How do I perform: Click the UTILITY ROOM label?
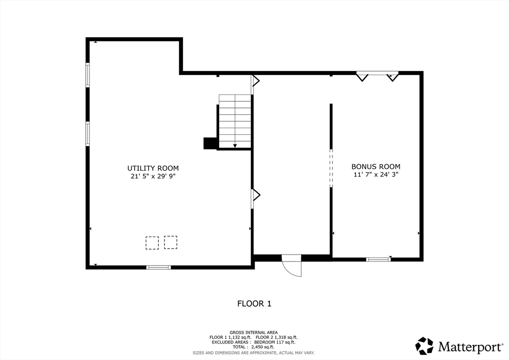coord(153,168)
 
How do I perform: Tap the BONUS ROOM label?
coord(376,167)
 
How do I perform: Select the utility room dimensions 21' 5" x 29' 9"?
coord(153,176)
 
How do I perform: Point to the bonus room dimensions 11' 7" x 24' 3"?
coord(376,175)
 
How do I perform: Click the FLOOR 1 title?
coord(254,303)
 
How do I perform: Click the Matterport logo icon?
coord(424,346)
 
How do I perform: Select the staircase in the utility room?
coord(235,121)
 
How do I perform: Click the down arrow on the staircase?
coord(235,146)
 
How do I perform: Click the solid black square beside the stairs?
coord(210,143)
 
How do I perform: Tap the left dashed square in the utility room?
coord(152,243)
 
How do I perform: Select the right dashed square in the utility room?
coord(170,243)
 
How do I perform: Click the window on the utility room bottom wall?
coord(159,267)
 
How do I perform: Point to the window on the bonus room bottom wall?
coord(378,259)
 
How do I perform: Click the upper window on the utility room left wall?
coord(87,75)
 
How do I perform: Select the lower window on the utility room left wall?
coord(87,134)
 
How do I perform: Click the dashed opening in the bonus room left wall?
coord(331,168)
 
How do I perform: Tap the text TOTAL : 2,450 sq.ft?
coord(253,347)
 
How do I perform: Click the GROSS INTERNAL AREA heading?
coord(254,333)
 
